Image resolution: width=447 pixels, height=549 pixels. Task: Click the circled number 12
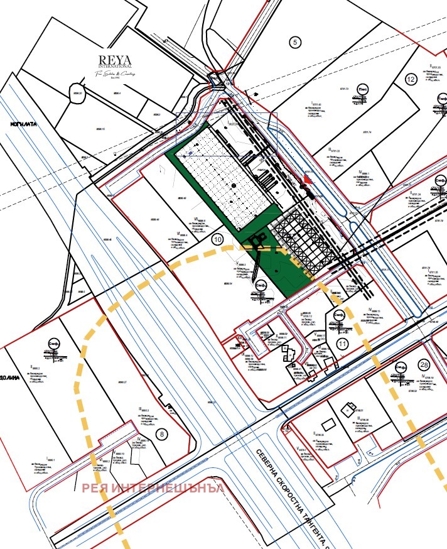click(411, 79)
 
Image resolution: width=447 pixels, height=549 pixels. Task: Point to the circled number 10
click(218, 239)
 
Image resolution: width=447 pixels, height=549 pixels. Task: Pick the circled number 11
click(342, 343)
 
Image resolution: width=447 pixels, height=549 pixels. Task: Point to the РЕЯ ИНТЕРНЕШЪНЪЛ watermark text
click(153, 488)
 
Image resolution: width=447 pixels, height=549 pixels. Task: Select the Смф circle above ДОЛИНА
click(53, 345)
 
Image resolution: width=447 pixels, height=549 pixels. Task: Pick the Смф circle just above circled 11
click(338, 315)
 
